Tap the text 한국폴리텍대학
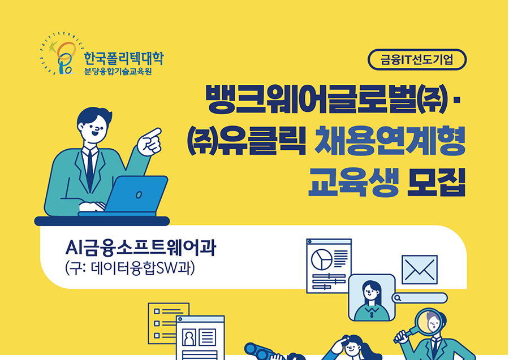pos(124,58)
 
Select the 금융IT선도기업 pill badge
pos(417,59)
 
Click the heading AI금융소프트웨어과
pos(140,248)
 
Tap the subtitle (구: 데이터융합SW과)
pos(130,268)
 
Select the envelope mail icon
pos(420,270)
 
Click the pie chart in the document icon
pos(321,259)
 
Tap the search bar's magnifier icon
pos(398,298)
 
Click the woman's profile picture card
pos(372,298)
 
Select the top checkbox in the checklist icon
pos(157,311)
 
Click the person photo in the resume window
pos(189,337)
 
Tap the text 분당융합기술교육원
pos(118,72)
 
